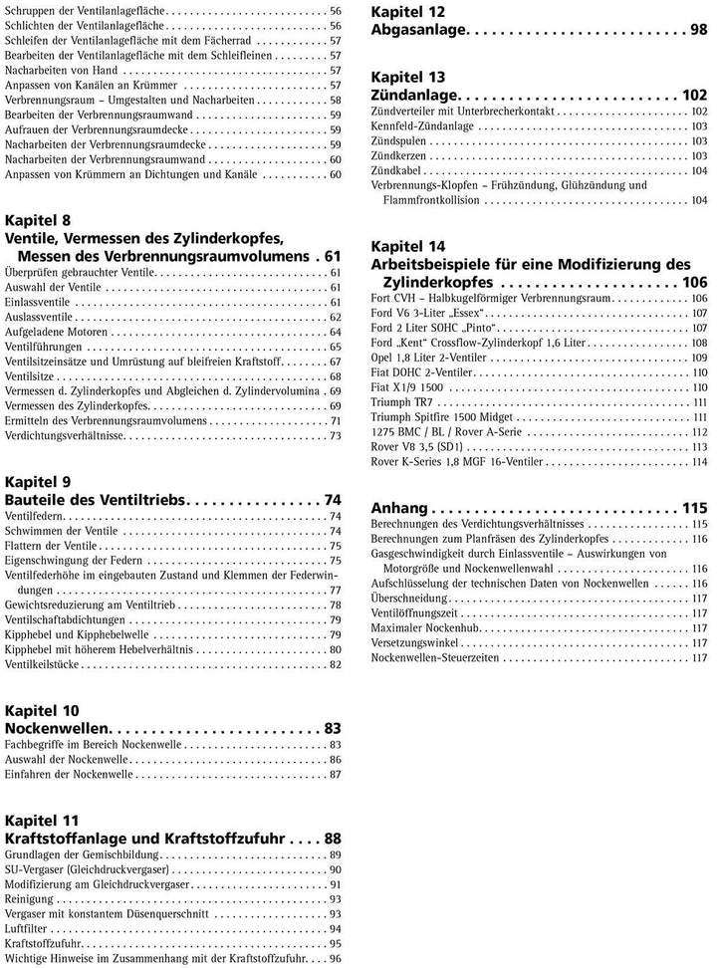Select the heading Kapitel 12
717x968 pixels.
coord(408,12)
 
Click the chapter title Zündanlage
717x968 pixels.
coord(418,96)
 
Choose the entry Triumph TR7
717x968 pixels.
coord(399,401)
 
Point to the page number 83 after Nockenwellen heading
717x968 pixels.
coord(333,727)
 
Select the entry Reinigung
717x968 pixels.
coord(31,897)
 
